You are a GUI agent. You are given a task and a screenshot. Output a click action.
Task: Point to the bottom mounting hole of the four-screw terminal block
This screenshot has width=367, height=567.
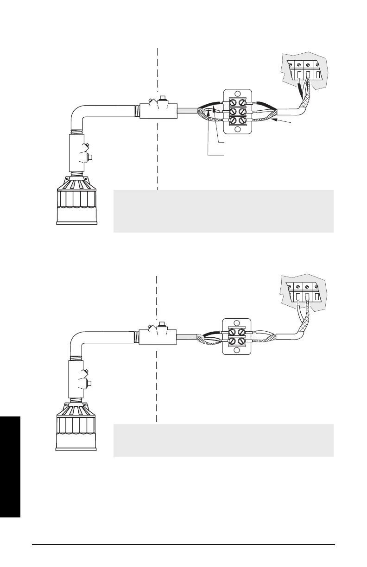tap(236, 350)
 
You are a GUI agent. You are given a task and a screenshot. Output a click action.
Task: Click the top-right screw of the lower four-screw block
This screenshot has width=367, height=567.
tap(241, 332)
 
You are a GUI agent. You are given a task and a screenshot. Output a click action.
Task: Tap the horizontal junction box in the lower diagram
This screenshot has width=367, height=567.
tap(159, 338)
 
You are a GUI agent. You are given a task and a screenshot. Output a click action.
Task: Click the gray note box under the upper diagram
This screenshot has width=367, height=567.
tap(223, 211)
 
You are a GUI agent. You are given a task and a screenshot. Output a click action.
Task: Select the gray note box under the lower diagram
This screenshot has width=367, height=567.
tap(223, 440)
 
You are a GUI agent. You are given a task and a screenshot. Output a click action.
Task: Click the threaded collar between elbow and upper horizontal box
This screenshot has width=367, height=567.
tap(136, 111)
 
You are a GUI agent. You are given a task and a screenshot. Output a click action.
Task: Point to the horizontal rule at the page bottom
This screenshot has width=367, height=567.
tap(183, 545)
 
